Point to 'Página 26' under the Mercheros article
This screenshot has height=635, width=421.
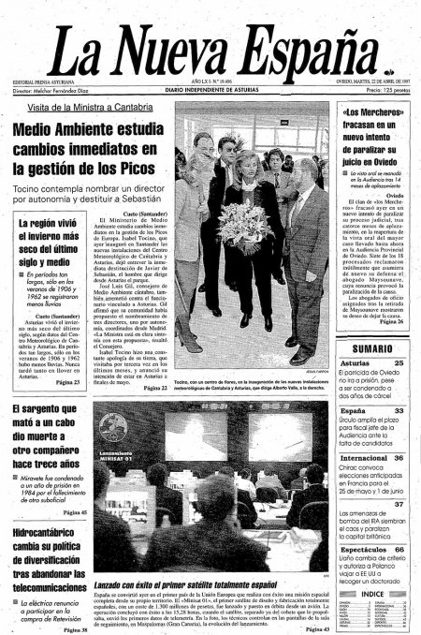coord(392,321)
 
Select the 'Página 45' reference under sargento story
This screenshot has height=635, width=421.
coord(75,512)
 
